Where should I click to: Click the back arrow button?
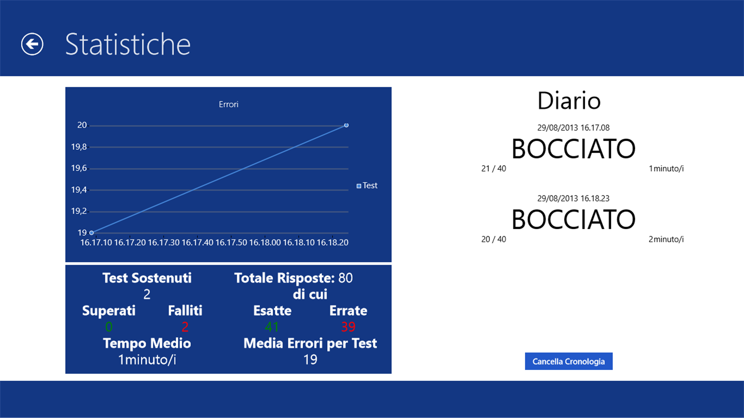(x=32, y=44)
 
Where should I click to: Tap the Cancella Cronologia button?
(x=569, y=361)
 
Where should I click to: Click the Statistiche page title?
(x=128, y=44)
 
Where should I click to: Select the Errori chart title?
(x=228, y=104)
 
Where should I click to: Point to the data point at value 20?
(x=346, y=125)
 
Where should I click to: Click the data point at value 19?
(x=91, y=233)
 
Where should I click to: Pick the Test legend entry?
(x=367, y=185)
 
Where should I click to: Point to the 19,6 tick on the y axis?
(x=79, y=168)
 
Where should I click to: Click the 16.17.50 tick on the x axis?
(x=231, y=243)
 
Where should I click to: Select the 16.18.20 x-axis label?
(x=333, y=243)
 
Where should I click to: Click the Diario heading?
(x=569, y=101)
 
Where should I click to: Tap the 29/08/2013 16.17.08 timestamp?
(x=574, y=128)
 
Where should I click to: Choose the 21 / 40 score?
(x=493, y=169)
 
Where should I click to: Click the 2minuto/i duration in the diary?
(x=666, y=239)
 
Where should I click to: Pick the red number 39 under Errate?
(x=348, y=327)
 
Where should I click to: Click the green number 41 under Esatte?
(x=272, y=327)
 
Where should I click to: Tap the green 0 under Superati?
(x=109, y=327)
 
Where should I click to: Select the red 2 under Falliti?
(x=185, y=327)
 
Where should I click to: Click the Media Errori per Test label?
(x=310, y=343)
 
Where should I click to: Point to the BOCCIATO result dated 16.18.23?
(x=574, y=219)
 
